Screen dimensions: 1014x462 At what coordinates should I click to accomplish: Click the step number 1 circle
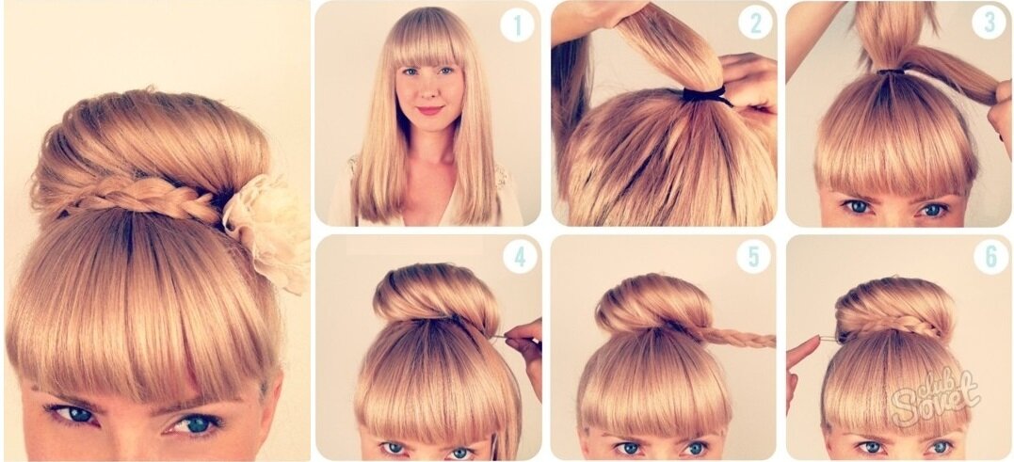tap(517, 24)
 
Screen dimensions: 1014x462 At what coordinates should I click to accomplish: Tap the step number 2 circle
tap(755, 23)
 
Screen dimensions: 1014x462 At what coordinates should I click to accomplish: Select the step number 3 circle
tap(989, 22)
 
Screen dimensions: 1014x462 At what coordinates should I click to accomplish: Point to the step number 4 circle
tap(520, 257)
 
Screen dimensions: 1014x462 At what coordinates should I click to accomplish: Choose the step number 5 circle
tap(753, 257)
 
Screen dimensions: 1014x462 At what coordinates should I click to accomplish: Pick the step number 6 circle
tap(990, 257)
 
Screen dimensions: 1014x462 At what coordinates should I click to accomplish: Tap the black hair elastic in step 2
tap(705, 96)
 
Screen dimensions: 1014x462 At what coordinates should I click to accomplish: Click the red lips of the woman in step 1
tap(429, 110)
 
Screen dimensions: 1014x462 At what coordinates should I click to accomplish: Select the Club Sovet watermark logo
tap(935, 395)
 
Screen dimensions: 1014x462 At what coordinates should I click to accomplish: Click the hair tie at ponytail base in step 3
tap(891, 72)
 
